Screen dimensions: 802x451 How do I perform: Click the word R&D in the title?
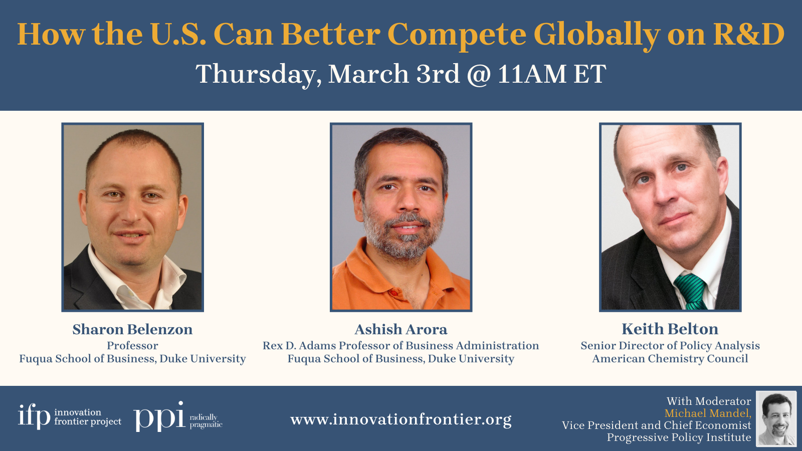point(749,35)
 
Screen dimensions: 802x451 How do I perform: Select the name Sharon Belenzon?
point(132,329)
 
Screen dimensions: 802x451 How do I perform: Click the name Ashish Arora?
point(401,329)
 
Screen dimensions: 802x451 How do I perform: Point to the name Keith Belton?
point(670,329)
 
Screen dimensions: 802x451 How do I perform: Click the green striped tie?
point(691,291)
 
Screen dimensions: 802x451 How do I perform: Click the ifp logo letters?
point(35,416)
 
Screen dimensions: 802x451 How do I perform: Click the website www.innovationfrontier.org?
point(401,419)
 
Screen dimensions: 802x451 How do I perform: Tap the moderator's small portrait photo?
point(776,418)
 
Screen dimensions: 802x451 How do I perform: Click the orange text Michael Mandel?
point(708,413)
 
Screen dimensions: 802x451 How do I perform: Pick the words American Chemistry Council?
point(670,359)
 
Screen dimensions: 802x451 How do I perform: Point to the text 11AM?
point(532,75)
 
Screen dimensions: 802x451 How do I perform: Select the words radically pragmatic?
point(206,421)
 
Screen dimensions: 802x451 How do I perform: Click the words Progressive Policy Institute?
point(679,437)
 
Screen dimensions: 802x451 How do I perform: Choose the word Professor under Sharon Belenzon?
point(132,346)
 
